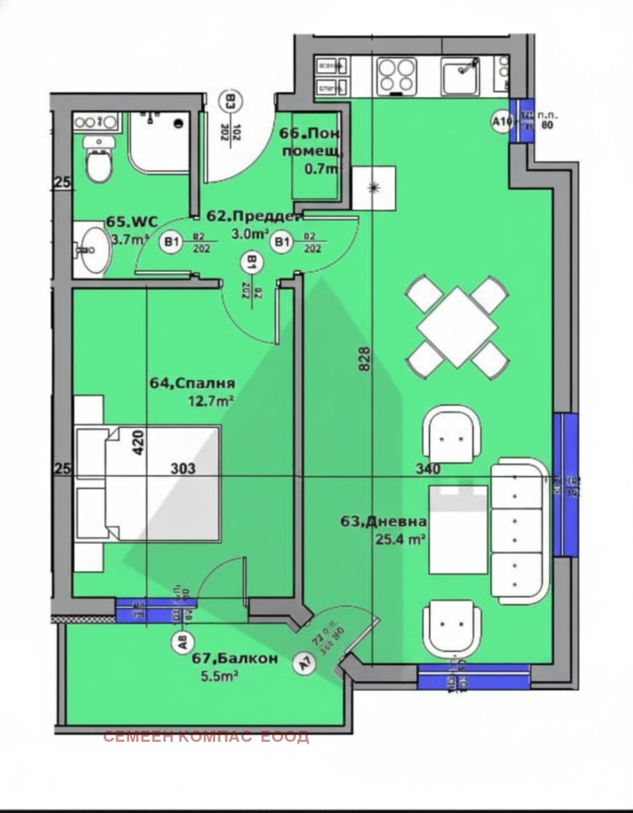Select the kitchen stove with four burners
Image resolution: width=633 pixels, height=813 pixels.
396,76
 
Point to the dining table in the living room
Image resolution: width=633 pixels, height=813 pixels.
457,326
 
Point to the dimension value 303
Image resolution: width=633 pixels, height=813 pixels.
183,468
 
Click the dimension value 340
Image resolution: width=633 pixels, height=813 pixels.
428,468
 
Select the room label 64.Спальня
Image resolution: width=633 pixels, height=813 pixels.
192,384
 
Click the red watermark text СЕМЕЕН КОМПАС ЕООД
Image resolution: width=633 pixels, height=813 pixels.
206,737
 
